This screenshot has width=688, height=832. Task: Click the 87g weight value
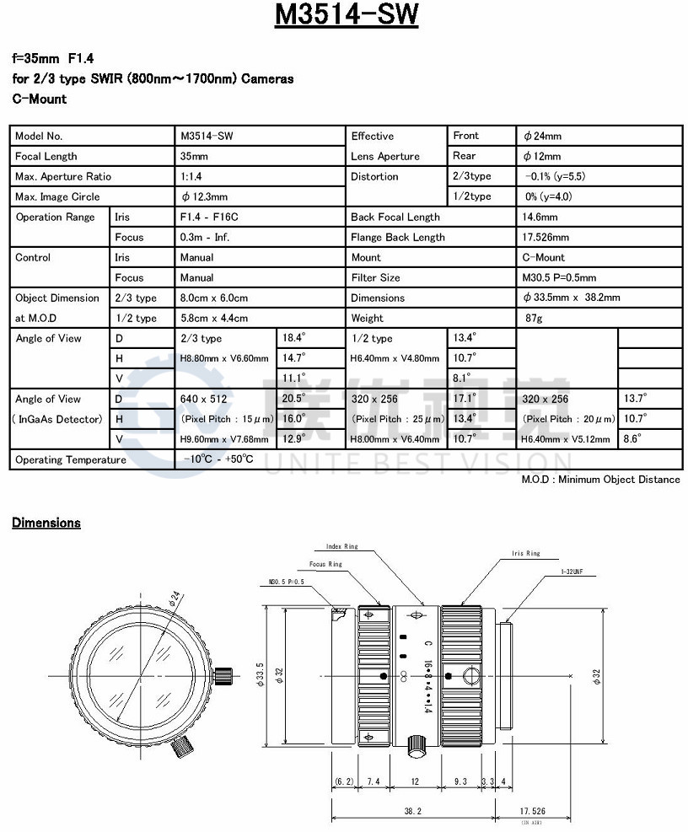(x=533, y=319)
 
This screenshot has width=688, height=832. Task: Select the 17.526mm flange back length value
(x=546, y=238)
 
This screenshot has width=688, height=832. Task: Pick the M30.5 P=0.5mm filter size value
(x=559, y=278)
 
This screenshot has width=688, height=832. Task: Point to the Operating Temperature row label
(x=71, y=460)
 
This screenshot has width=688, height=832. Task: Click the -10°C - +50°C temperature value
(x=218, y=459)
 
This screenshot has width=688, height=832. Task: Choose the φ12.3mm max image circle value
(x=204, y=197)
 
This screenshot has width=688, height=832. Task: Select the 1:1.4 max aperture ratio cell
(x=191, y=177)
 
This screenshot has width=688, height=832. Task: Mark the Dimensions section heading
(x=46, y=523)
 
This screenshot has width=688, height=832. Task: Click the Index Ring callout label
(x=341, y=547)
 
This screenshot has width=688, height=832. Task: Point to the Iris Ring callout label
(x=525, y=554)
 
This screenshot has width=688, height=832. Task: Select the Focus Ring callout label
(x=325, y=564)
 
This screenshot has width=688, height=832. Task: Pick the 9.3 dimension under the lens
(x=460, y=781)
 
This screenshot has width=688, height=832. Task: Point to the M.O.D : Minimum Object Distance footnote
(x=600, y=480)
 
